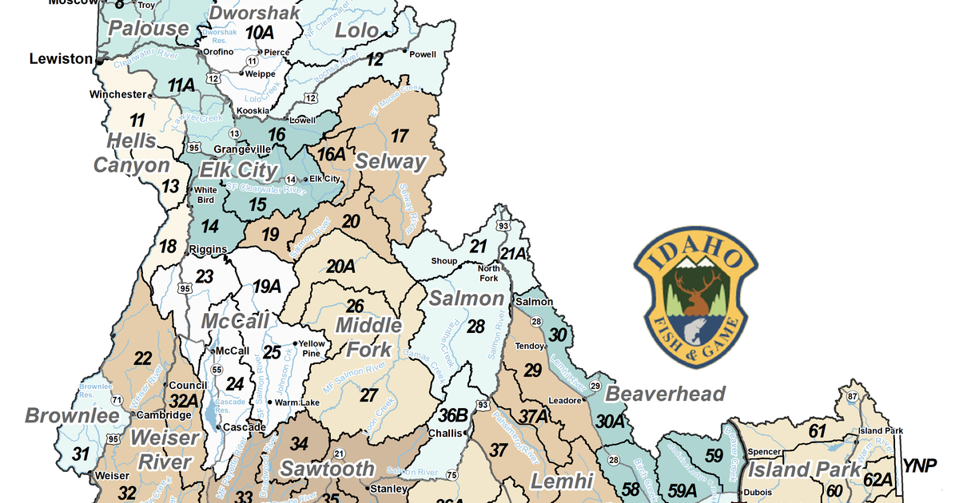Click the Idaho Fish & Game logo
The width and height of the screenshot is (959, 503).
click(695, 296)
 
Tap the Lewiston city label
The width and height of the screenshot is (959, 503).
click(62, 59)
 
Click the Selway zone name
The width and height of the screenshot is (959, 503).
click(391, 161)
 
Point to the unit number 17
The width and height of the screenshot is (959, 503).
click(399, 136)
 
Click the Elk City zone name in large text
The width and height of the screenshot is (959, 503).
click(238, 171)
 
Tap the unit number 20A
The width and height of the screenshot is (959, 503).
click(340, 267)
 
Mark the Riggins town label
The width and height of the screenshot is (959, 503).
click(209, 250)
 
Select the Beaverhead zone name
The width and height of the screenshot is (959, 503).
click(665, 394)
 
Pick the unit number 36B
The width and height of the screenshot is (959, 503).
click(452, 415)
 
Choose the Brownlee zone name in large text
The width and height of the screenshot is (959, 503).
click(71, 416)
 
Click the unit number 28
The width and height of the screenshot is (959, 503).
click(476, 327)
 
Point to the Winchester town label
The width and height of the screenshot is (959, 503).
click(118, 94)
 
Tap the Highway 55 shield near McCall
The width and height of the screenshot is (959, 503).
click(216, 370)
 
